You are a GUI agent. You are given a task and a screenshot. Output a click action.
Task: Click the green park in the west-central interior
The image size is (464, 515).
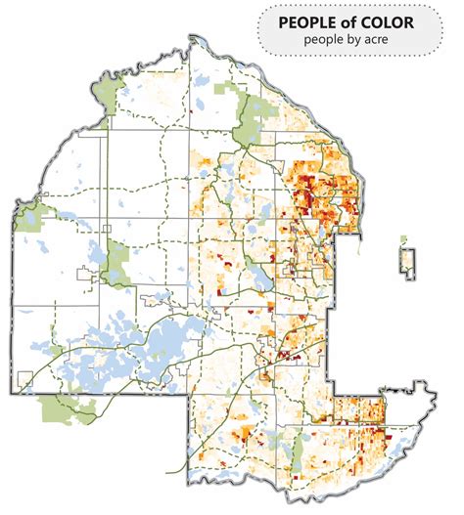click(119, 256)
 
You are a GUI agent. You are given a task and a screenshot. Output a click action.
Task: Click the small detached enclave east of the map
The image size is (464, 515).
click(406, 261)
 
